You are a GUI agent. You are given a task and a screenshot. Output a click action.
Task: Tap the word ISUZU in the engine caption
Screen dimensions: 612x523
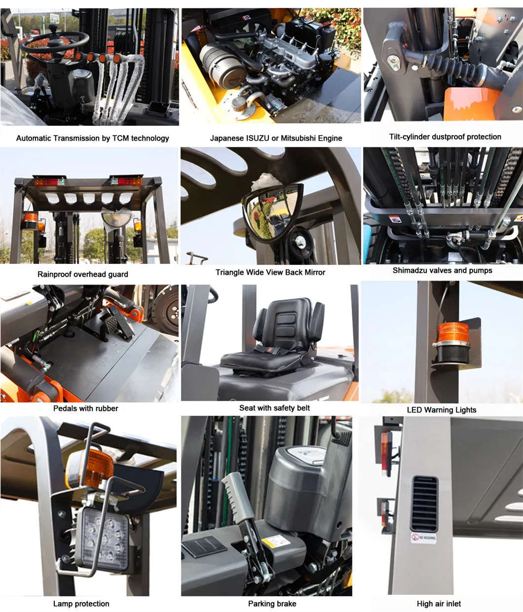coord(258,138)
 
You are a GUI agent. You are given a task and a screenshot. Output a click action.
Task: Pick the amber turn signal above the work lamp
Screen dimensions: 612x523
coord(91,468)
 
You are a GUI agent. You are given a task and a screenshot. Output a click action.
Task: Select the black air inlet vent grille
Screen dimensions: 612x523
coord(424,504)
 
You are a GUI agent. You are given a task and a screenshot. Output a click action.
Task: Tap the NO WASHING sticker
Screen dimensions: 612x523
coord(424,538)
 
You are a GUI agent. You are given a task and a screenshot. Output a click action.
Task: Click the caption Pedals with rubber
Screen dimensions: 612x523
coord(86,408)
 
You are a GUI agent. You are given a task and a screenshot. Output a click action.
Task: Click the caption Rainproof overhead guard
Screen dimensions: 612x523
coord(83,274)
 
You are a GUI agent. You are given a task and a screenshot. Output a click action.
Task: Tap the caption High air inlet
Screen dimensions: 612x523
coord(439,604)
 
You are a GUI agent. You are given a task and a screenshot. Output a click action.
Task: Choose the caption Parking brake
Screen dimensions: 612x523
coord(272,604)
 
